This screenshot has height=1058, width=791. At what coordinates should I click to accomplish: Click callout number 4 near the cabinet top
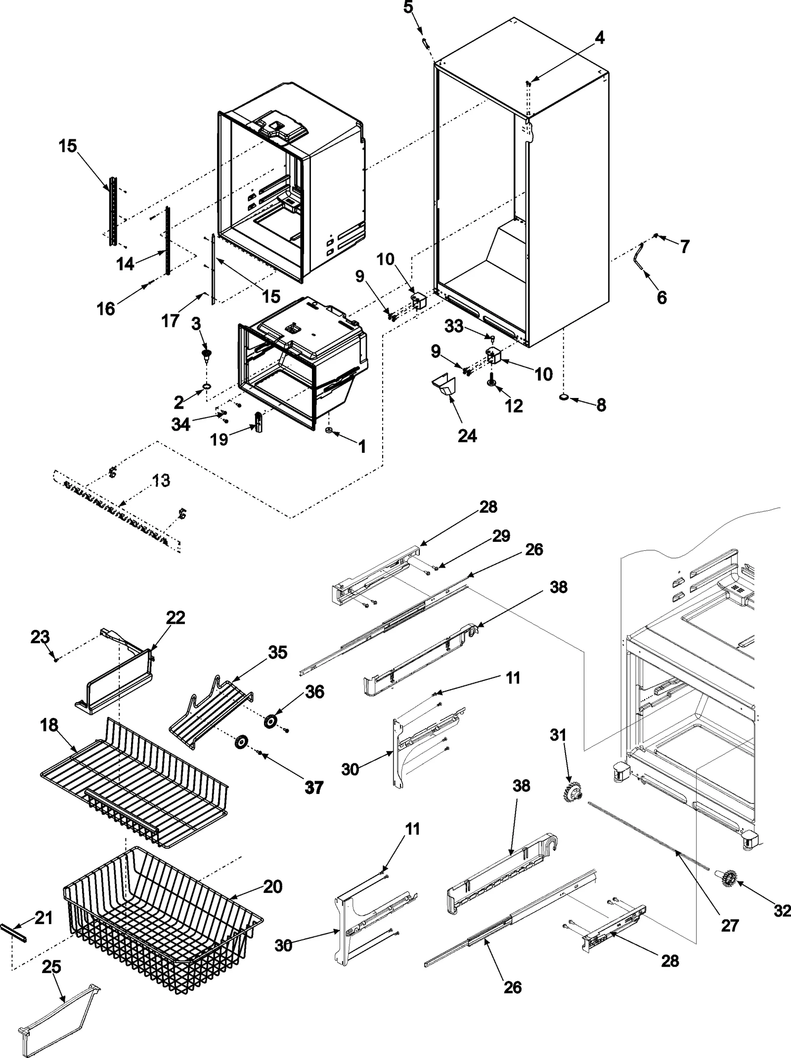tap(599, 38)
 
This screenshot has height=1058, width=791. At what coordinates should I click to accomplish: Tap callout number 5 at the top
tap(408, 7)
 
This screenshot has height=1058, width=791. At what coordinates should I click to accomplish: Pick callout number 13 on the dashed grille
tap(160, 480)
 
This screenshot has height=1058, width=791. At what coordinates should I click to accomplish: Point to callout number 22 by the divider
tap(176, 617)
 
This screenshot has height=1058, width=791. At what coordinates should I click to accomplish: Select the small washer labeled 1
tap(328, 432)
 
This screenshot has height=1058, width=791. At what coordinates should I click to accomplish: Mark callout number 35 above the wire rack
tap(277, 653)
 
